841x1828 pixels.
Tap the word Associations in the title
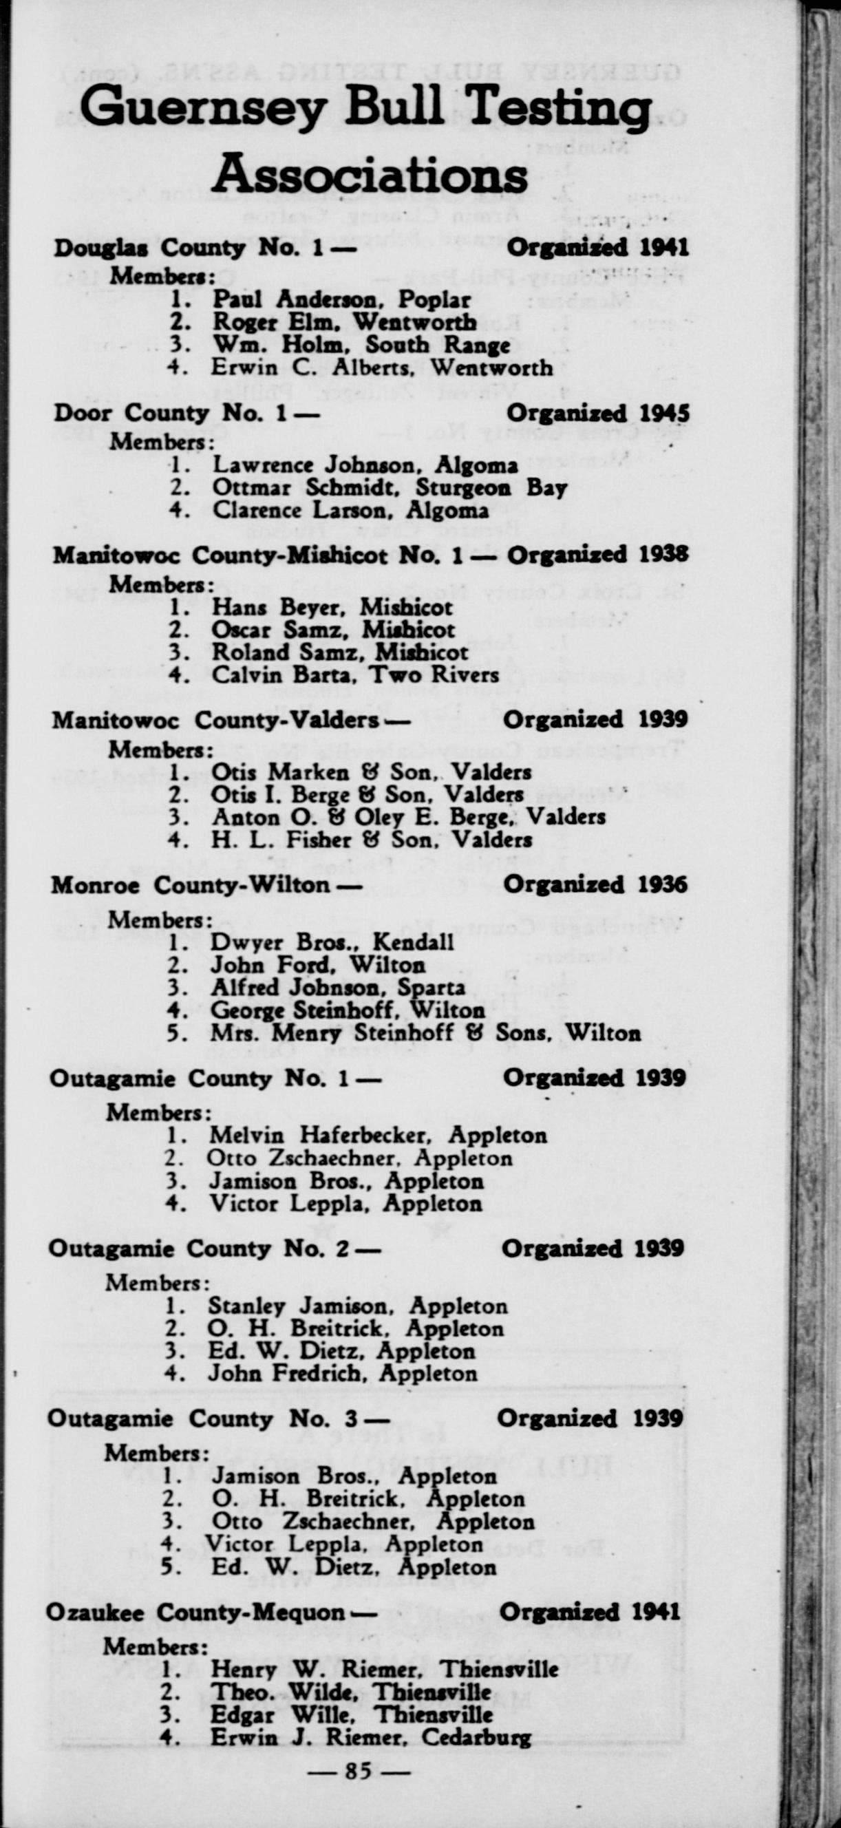point(369,175)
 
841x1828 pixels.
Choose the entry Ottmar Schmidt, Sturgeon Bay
point(389,487)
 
